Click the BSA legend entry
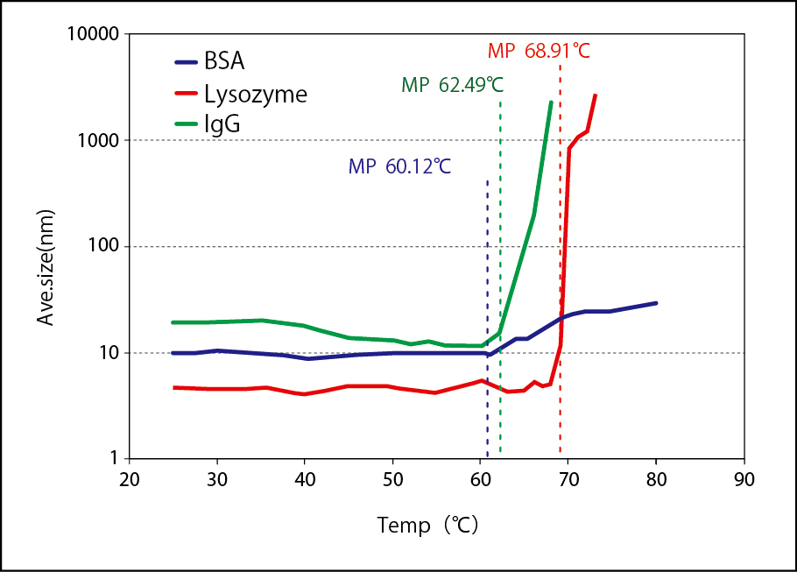pyautogui.click(x=223, y=62)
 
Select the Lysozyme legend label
pyautogui.click(x=255, y=94)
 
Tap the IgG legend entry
pyautogui.click(x=222, y=124)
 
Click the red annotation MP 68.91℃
pyautogui.click(x=539, y=51)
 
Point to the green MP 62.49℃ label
pyautogui.click(x=452, y=85)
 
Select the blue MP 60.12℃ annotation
pyautogui.click(x=399, y=166)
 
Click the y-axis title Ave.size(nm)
pyautogui.click(x=46, y=268)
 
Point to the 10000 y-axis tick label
pyautogui.click(x=93, y=35)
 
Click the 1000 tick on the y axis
pyautogui.click(x=98, y=141)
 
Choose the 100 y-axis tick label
pyautogui.click(x=103, y=247)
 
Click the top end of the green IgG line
pyautogui.click(x=551, y=102)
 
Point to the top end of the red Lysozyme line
pyautogui.click(x=596, y=95)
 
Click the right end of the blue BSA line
pyautogui.click(x=656, y=303)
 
